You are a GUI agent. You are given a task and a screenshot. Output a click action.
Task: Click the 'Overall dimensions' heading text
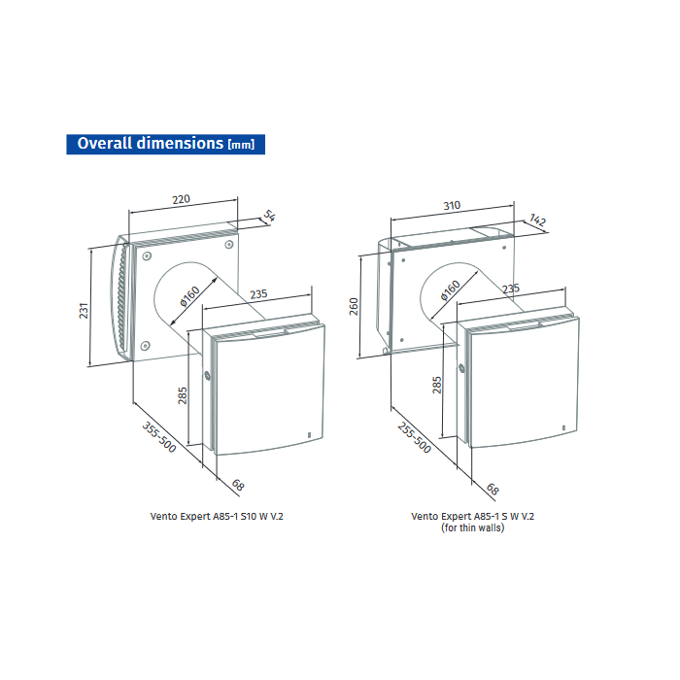pyautogui.click(x=150, y=144)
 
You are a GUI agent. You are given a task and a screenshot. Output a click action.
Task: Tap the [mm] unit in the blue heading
pyautogui.click(x=240, y=146)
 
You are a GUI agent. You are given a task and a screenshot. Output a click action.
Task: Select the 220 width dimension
pyautogui.click(x=182, y=198)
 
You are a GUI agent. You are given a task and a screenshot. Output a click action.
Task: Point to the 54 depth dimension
pyautogui.click(x=271, y=218)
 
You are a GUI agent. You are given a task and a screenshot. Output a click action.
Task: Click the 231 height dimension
pyautogui.click(x=85, y=310)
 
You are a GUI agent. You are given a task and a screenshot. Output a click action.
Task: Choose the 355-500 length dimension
pyautogui.click(x=159, y=443)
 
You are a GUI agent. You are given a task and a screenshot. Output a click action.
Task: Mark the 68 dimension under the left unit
pyautogui.click(x=236, y=486)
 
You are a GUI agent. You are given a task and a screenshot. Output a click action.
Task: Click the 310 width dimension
pyautogui.click(x=453, y=206)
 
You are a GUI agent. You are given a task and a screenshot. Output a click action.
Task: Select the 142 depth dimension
pyautogui.click(x=538, y=222)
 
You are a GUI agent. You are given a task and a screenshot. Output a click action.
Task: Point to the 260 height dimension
pyautogui.click(x=354, y=306)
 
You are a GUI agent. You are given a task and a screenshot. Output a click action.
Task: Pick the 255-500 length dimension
pyautogui.click(x=414, y=438)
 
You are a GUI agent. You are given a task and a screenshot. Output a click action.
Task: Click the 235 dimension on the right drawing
pyautogui.click(x=511, y=289)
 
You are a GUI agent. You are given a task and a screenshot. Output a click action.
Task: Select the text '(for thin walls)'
pyautogui.click(x=473, y=528)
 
